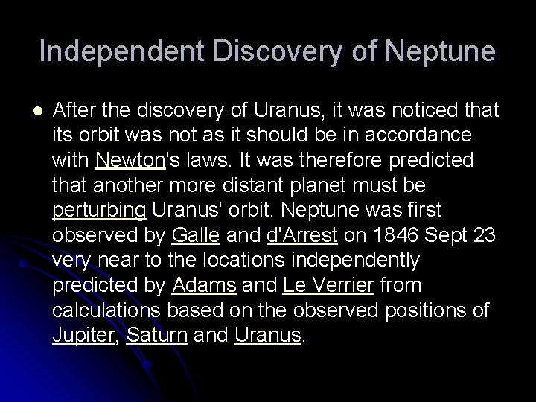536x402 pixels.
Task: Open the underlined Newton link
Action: coord(126,160)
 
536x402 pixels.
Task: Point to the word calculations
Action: coord(102,311)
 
